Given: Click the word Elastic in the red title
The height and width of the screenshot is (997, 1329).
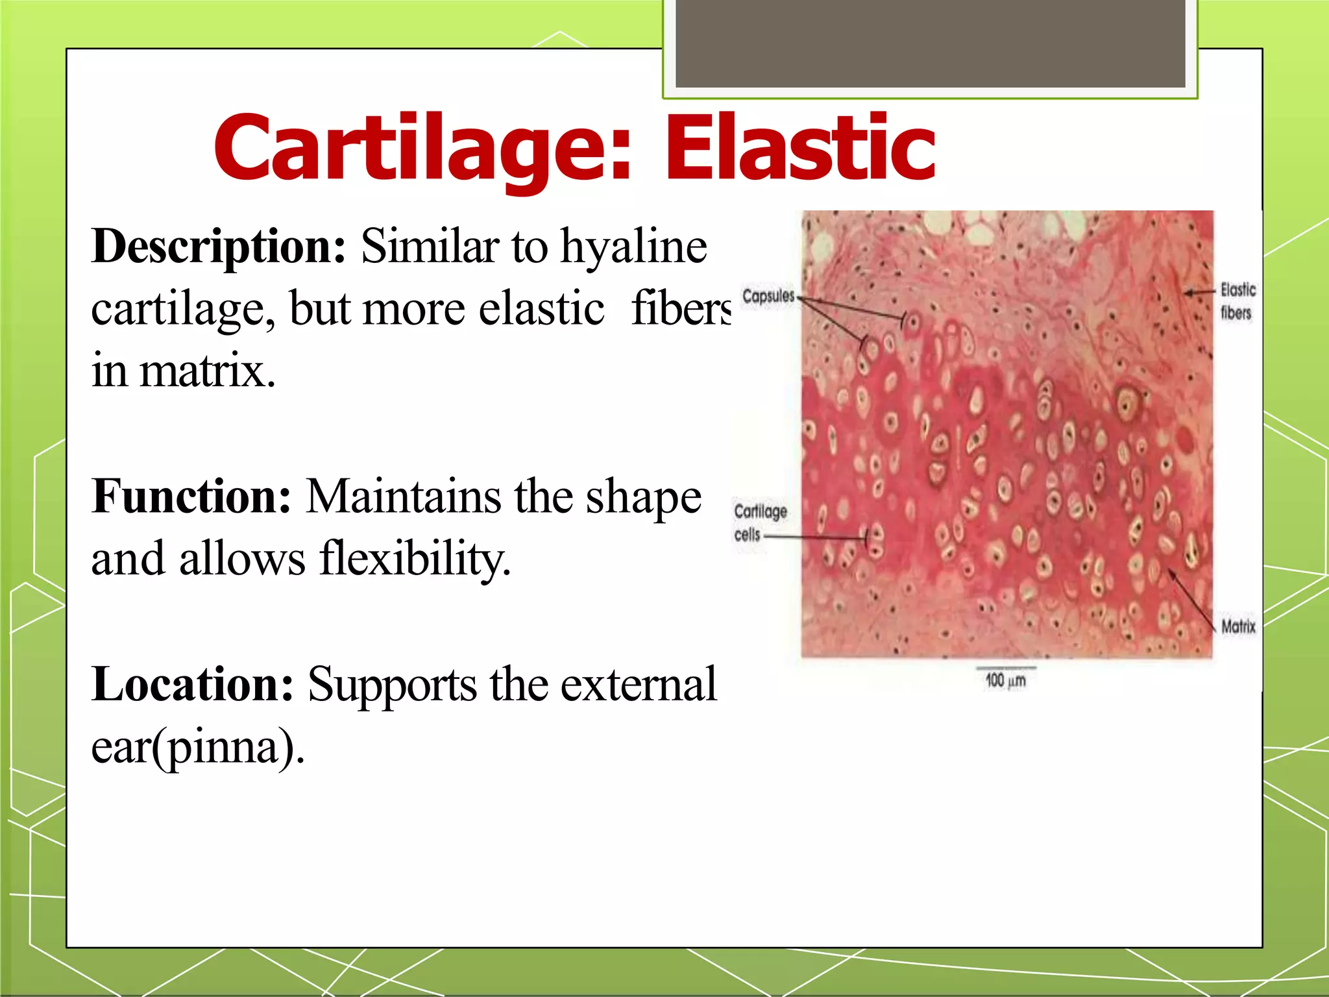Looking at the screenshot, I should point(799,148).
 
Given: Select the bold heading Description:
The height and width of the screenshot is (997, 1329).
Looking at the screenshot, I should point(219,247).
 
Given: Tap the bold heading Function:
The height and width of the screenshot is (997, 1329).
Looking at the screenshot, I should point(191,497).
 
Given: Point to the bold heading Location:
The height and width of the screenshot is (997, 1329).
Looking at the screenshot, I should point(193,685).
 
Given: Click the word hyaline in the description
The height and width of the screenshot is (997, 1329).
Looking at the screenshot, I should point(633,247).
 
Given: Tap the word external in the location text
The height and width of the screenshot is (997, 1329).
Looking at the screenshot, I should point(639,685).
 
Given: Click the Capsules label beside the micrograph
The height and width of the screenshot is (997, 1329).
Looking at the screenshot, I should point(768,296).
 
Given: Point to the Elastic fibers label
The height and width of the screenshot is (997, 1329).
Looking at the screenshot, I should point(1237,301).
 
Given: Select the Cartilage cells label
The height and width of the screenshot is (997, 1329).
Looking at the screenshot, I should point(759,522).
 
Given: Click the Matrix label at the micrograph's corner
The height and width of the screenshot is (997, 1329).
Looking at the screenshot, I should point(1238,626).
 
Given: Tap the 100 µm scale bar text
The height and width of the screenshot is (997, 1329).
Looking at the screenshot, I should point(1005,680).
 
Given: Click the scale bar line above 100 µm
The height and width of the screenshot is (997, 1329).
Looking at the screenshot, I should point(1005,667).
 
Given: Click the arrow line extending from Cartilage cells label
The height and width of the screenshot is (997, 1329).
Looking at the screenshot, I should point(814,537).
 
